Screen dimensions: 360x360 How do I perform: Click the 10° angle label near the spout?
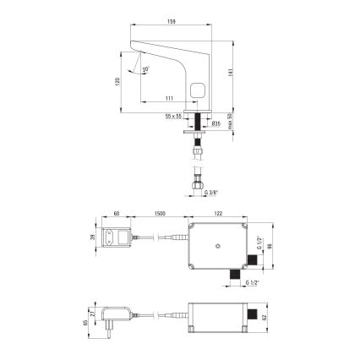coord(146,68)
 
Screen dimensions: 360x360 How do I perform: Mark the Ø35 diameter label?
coord(215,123)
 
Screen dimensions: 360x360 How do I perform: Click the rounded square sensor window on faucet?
coord(198,90)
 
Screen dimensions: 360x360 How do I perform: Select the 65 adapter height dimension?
coord(88,321)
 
